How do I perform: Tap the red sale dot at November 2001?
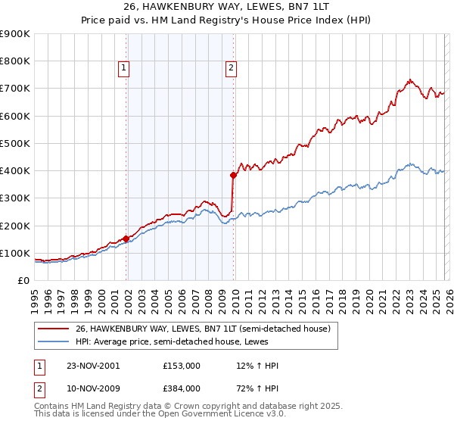126,238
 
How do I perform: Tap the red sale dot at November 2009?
233,175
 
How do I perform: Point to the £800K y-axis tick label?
15,61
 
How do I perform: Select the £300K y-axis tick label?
15,198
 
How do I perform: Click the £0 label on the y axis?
23,280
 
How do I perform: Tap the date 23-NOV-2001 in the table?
93,366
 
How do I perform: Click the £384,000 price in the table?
181,388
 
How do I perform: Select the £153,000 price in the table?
181,366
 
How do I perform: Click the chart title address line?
227,7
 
